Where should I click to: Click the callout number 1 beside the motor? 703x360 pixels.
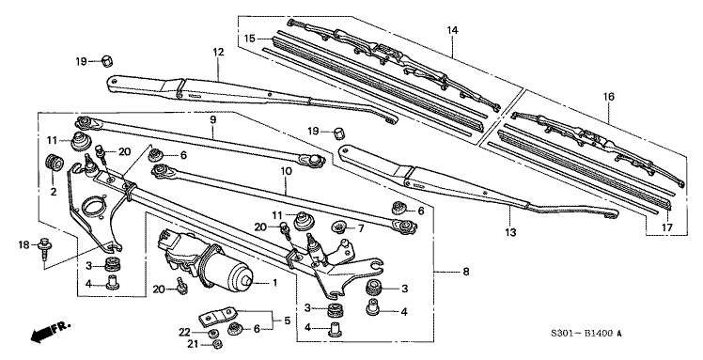coord(275,282)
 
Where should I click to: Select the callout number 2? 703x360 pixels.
coord(53,192)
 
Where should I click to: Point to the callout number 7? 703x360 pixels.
coord(361,227)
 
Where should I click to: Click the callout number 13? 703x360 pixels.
coord(511,232)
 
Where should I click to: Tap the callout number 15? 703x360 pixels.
coord(250,38)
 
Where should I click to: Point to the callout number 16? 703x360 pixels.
coord(608,95)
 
